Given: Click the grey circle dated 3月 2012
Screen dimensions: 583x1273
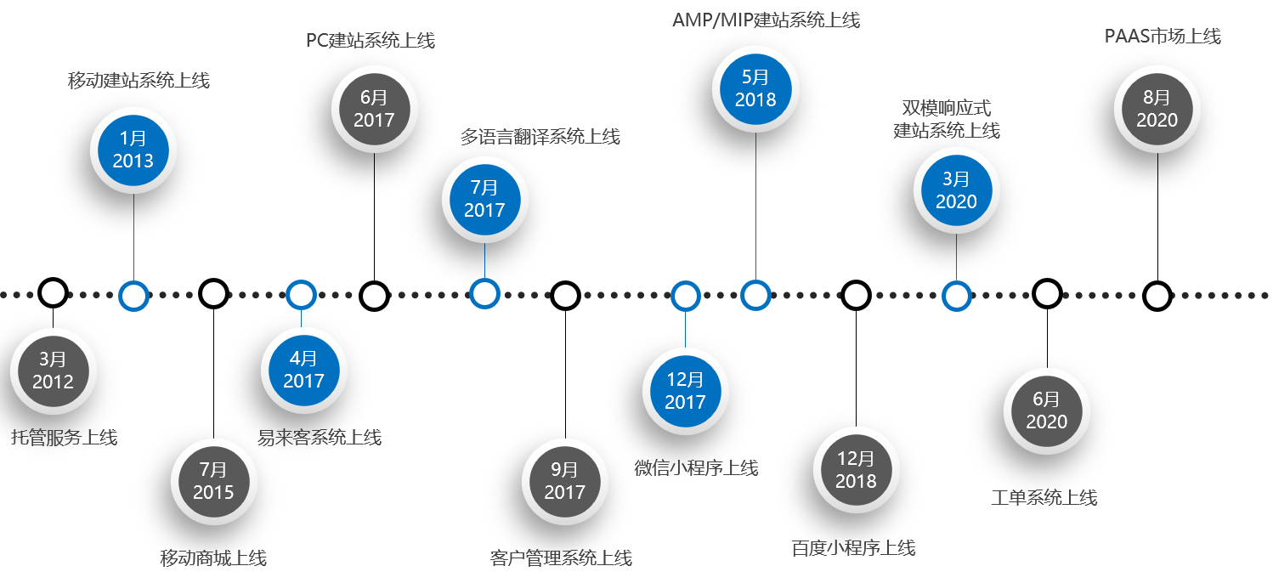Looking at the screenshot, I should click(x=53, y=371).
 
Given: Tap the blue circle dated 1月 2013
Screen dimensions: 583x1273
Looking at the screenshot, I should click(x=133, y=150).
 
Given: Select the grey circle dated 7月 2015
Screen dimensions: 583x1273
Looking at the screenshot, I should click(x=213, y=481).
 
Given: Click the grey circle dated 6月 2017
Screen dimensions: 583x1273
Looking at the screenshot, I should click(x=374, y=109).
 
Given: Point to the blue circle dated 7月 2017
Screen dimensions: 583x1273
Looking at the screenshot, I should click(x=484, y=199).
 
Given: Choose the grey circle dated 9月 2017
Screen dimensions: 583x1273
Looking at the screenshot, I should click(x=565, y=481).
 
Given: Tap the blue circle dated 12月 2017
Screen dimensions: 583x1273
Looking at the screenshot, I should click(x=685, y=391).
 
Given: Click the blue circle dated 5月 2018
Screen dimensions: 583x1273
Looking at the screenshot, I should click(x=755, y=88).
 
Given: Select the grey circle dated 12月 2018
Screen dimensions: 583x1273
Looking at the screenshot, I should click(x=856, y=470).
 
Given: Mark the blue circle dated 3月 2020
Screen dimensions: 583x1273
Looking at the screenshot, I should click(x=956, y=190).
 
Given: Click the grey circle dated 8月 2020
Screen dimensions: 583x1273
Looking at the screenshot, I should click(x=1157, y=109).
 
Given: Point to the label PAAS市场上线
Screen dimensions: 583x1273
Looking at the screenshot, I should click(x=1162, y=37).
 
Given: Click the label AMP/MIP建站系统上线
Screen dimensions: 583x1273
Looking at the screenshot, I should click(x=766, y=19).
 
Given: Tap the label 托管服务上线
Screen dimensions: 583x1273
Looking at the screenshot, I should click(x=64, y=438).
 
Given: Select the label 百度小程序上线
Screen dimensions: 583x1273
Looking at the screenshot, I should click(x=853, y=547).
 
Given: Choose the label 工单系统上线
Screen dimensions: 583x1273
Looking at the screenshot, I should click(x=1044, y=497).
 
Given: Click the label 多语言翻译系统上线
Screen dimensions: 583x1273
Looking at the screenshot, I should click(x=540, y=136).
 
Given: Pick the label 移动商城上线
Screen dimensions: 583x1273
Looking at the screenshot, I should click(x=213, y=558).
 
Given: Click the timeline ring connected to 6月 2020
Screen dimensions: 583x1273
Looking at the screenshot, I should click(x=1047, y=294).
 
